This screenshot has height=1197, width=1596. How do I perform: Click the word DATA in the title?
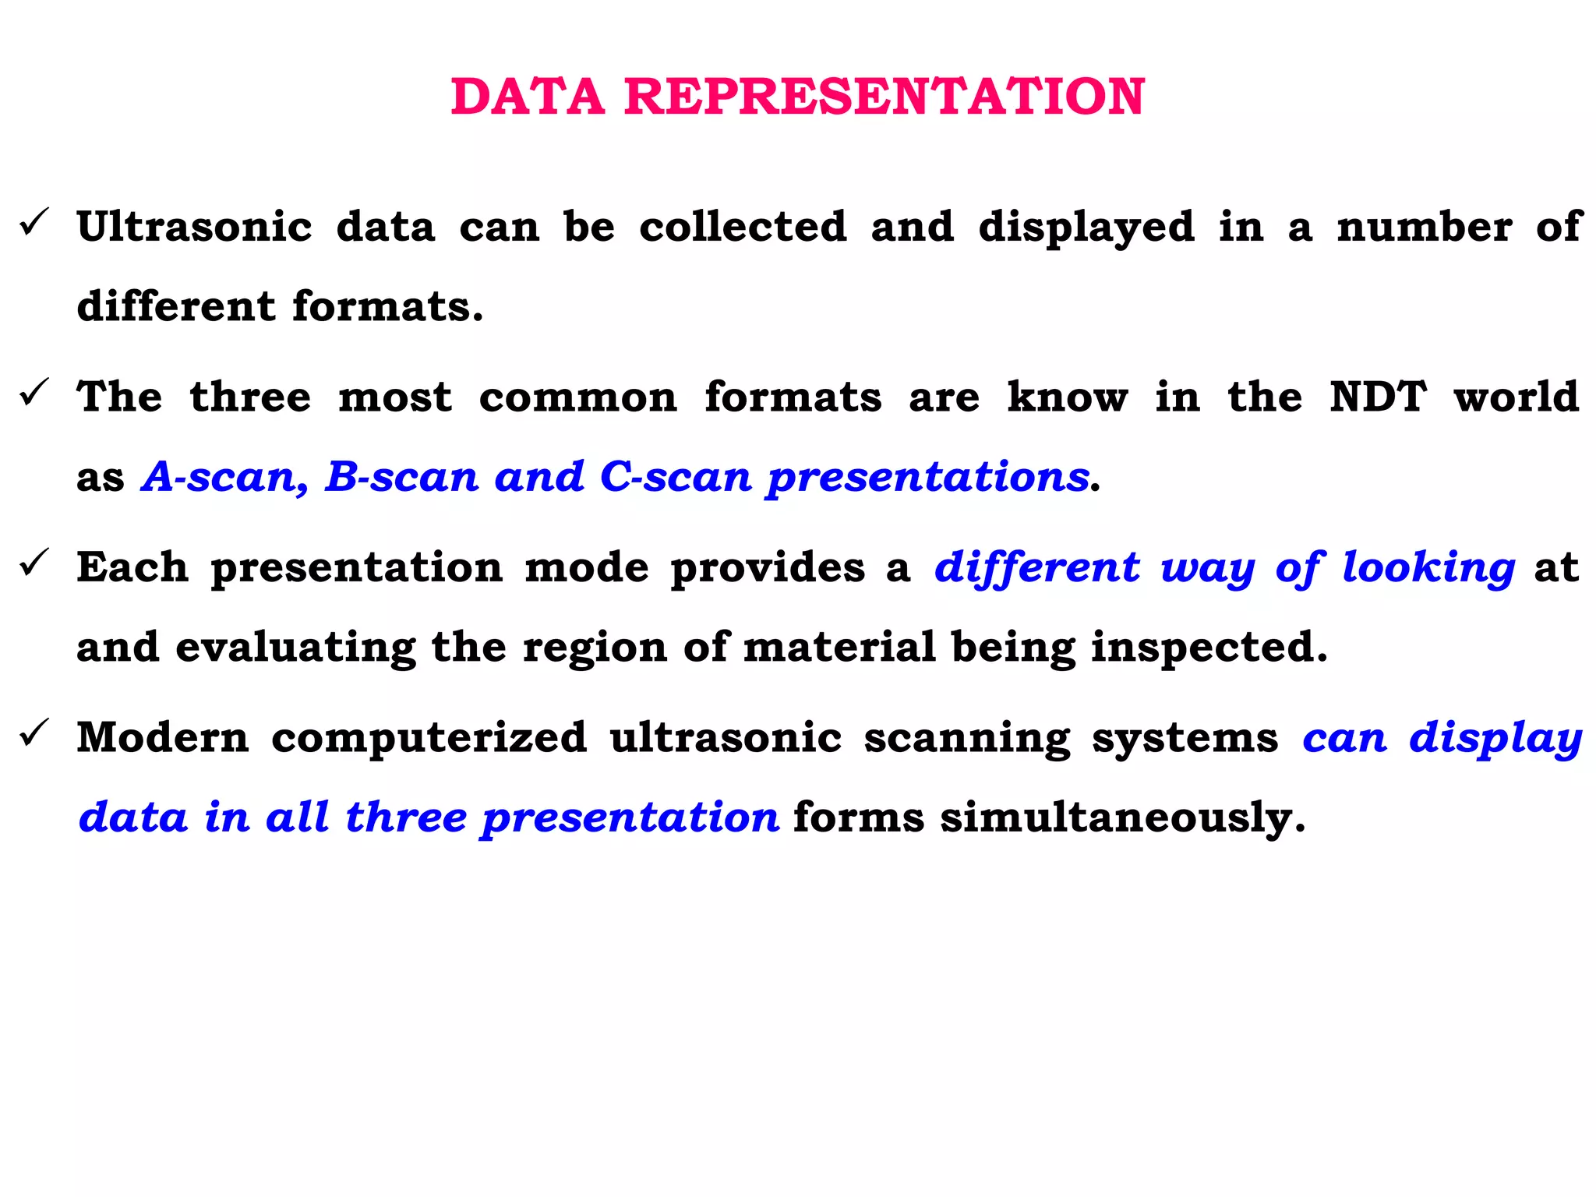(528, 97)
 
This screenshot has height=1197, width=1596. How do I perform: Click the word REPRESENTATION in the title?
(885, 97)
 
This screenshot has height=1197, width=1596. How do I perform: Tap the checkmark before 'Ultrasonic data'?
(35, 224)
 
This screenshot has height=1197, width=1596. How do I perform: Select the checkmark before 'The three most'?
(35, 393)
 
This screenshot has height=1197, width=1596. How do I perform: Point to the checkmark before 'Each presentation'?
(35, 563)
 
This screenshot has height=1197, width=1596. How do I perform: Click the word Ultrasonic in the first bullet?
(195, 228)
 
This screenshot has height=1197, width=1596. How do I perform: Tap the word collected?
(743, 228)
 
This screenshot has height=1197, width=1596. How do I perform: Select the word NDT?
(1378, 397)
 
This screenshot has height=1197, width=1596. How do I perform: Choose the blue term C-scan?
(676, 477)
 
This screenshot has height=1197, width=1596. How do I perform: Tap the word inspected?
(1209, 647)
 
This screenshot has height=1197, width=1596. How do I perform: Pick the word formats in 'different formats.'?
(387, 306)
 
